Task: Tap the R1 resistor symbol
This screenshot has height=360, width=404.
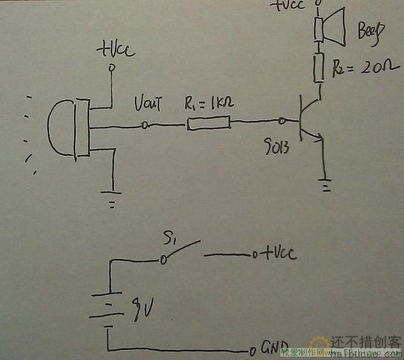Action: (x=209, y=123)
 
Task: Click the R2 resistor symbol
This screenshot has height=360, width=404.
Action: (x=320, y=67)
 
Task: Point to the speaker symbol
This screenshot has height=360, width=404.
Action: (x=329, y=28)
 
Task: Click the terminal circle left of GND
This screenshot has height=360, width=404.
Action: (x=252, y=351)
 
